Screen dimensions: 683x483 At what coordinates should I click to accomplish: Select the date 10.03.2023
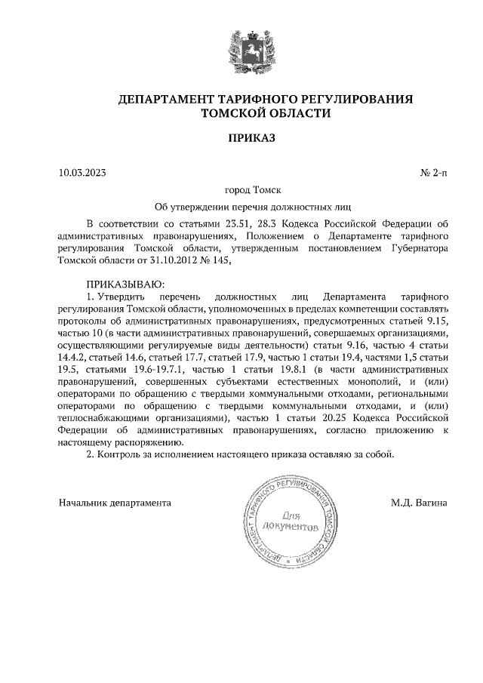pyautogui.click(x=82, y=174)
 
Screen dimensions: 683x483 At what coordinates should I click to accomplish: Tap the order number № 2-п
pyautogui.click(x=433, y=174)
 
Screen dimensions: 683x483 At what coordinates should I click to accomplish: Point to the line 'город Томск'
pyautogui.click(x=241, y=190)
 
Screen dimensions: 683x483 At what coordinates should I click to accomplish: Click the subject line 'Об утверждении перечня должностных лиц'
pyautogui.click(x=241, y=206)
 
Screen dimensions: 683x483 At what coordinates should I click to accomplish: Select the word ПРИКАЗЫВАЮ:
pyautogui.click(x=121, y=284)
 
